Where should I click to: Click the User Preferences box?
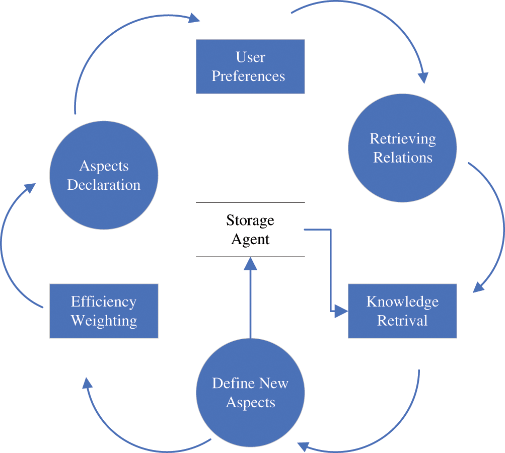click(250, 66)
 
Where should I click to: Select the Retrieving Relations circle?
click(402, 148)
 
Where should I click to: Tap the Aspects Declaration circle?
click(104, 175)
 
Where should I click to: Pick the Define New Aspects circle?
click(250, 393)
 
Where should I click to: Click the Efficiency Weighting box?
click(104, 311)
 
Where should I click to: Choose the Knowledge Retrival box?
click(402, 311)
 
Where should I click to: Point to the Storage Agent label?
click(250, 230)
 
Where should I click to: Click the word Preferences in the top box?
click(248, 77)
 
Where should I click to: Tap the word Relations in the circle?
click(403, 158)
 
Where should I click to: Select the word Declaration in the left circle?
click(104, 185)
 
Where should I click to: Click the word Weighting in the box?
click(104, 321)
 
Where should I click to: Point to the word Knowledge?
click(403, 301)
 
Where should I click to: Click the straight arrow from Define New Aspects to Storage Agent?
click(250, 298)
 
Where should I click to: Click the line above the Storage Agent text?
click(250, 202)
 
